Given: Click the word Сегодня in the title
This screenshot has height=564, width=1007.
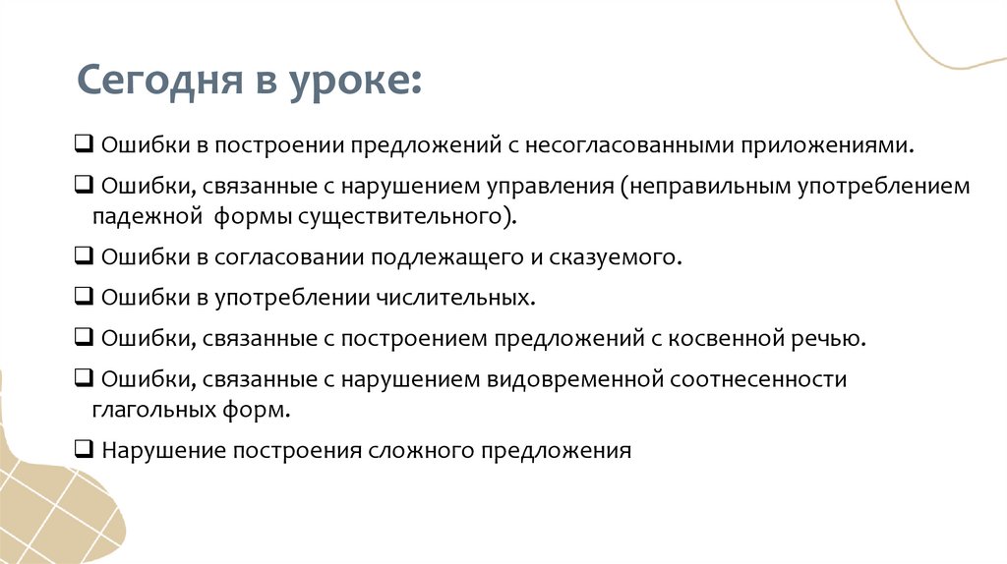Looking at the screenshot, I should coord(161,79).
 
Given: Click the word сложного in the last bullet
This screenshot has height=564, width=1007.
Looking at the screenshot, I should coord(420,451).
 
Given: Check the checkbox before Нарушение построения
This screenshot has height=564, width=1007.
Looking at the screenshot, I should coord(83,450).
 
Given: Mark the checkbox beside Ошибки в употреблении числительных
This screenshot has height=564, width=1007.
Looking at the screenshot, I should coord(83,297).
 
